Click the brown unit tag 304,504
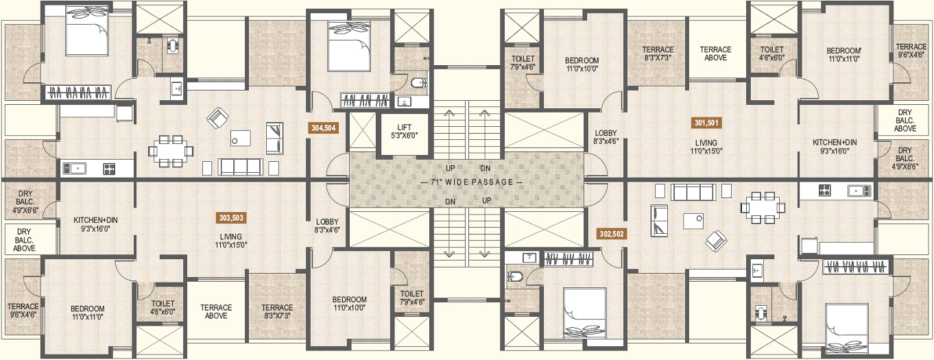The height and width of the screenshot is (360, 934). pyautogui.click(x=324, y=128)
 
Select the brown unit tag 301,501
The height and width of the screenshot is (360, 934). pyautogui.click(x=706, y=123)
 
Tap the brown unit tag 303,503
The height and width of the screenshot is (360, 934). pyautogui.click(x=231, y=217)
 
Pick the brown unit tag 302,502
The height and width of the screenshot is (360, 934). pyautogui.click(x=612, y=234)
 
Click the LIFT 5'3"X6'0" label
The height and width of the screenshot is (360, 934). pyautogui.click(x=404, y=132)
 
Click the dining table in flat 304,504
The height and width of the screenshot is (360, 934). pyautogui.click(x=171, y=151)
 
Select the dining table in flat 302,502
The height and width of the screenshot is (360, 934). pyautogui.click(x=763, y=207)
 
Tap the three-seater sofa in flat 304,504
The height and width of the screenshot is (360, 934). pyautogui.click(x=241, y=167)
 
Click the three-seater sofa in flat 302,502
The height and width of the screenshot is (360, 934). pyautogui.click(x=693, y=193)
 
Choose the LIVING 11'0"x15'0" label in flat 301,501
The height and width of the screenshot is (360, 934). pyautogui.click(x=706, y=147)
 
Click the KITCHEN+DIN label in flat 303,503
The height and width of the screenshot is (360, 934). pyautogui.click(x=95, y=224)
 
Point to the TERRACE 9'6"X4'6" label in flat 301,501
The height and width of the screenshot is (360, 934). pyautogui.click(x=911, y=51)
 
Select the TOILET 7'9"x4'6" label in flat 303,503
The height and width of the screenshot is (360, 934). pyautogui.click(x=411, y=298)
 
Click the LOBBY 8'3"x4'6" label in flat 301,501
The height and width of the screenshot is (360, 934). pyautogui.click(x=606, y=137)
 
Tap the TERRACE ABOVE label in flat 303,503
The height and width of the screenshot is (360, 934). pyautogui.click(x=216, y=311)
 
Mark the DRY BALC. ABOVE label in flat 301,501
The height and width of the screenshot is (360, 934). pyautogui.click(x=905, y=121)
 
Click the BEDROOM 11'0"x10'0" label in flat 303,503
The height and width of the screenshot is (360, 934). pyautogui.click(x=350, y=304)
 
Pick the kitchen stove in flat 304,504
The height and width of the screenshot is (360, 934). pyautogui.click(x=109, y=169)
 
